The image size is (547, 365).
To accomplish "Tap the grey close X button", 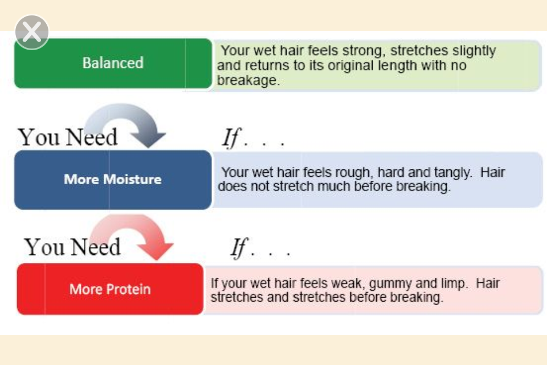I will pos(32,32).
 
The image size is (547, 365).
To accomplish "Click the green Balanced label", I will pos(113,63).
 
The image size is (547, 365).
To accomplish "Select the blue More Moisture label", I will pos(113,180).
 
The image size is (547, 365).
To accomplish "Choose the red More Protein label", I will pos(110,289).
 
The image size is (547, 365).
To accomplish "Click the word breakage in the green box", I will pos(247,80).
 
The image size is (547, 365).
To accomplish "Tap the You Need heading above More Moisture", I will pos(68,137).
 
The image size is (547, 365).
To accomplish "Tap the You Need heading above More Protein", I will pos(72,247).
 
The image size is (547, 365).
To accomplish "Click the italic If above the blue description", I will pos(231,137).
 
